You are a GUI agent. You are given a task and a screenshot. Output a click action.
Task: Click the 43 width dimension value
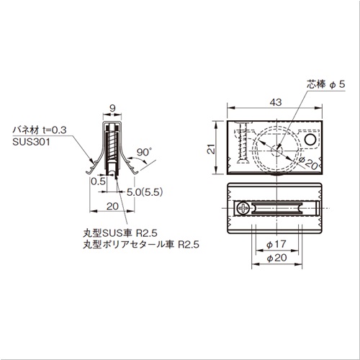[275, 102]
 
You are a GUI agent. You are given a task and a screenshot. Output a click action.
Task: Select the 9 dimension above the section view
[112, 108]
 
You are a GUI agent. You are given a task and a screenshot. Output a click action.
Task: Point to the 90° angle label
[144, 152]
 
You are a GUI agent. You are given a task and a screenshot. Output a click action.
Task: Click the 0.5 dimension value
[98, 181]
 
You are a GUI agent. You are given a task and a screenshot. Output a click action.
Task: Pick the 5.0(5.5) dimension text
[145, 192]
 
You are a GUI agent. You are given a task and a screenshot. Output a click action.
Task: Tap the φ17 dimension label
[276, 244]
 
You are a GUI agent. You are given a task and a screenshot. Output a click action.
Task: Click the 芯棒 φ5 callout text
[326, 84]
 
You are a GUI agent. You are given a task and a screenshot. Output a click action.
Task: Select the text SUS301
[32, 142]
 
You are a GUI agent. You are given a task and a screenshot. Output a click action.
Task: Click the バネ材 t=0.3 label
[40, 130]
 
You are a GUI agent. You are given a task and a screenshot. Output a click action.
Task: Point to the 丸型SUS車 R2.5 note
[120, 233]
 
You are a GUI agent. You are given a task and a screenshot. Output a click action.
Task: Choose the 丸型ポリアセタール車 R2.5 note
[141, 245]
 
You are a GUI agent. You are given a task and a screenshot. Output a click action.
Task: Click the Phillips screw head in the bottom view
[243, 207]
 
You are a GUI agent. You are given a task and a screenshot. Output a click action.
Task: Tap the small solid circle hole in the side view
[310, 140]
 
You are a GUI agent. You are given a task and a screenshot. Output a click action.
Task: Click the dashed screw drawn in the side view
[243, 143]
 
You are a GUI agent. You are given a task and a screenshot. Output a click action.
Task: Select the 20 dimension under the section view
[112, 206]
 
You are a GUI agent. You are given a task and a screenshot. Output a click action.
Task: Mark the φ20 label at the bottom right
[276, 258]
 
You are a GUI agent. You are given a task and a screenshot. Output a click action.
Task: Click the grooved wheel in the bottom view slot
[277, 207]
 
